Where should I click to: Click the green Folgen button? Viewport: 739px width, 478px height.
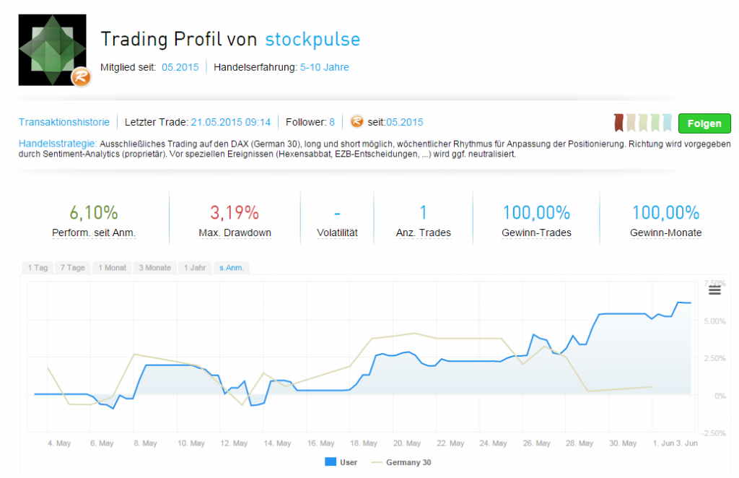[704, 123]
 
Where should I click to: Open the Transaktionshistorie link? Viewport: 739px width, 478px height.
[64, 122]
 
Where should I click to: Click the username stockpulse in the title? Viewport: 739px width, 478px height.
[312, 39]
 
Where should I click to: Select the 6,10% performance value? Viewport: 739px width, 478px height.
[94, 213]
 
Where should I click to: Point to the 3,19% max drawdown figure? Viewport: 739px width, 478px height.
[235, 213]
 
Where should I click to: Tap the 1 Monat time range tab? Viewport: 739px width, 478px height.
[112, 268]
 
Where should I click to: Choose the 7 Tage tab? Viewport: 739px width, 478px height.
[72, 268]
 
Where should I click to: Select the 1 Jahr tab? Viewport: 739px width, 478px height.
[195, 268]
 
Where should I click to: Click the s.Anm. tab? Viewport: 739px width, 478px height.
[232, 268]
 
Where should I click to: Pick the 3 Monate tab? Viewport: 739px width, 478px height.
[155, 268]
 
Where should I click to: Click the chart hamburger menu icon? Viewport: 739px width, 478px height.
[714, 290]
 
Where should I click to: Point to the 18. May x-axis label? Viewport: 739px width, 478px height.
[364, 443]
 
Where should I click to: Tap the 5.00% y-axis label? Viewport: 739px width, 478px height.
[713, 321]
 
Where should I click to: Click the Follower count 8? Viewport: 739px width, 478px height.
[332, 122]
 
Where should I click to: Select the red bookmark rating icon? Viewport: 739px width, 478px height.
[618, 123]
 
